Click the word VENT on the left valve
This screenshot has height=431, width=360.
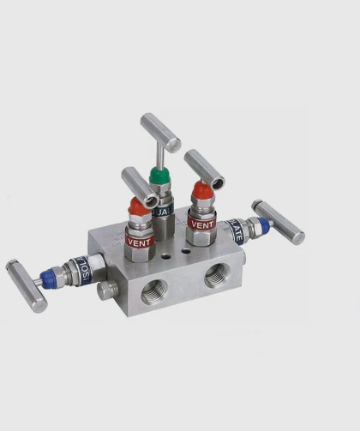pyautogui.click(x=139, y=242)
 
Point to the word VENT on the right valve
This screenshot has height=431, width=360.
pyautogui.click(x=201, y=224)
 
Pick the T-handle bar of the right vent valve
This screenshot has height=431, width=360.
pyautogui.click(x=204, y=169)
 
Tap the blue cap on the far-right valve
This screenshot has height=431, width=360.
pyautogui.click(x=262, y=226)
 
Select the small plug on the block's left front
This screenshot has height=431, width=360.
pyautogui.click(x=107, y=290)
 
